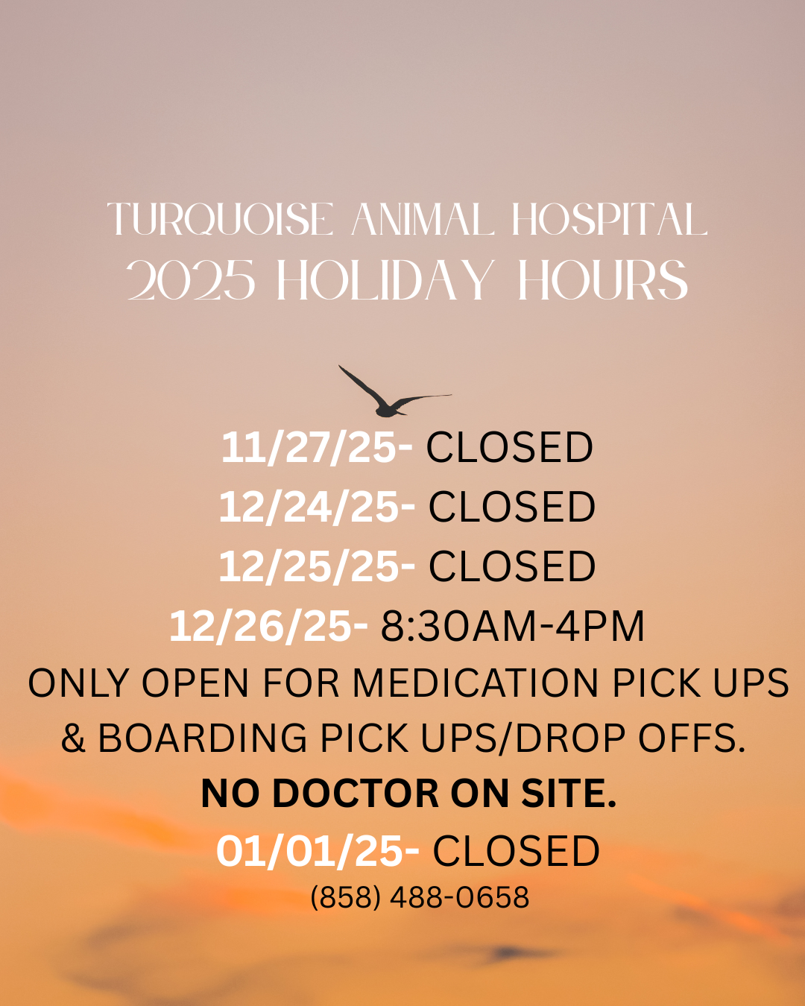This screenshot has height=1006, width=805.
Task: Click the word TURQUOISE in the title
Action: [221, 220]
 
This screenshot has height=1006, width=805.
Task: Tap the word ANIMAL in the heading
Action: [422, 220]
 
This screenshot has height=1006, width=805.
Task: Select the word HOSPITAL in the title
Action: [609, 220]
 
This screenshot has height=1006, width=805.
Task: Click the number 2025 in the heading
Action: [191, 281]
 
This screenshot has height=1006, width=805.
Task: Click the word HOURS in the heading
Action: [602, 281]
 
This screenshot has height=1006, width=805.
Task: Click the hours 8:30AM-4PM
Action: [513, 626]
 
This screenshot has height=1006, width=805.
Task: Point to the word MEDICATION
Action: [476, 683]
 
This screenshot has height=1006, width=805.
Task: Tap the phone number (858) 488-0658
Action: [420, 897]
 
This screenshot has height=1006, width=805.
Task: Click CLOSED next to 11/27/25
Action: [510, 448]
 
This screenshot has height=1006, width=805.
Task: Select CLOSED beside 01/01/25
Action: [517, 851]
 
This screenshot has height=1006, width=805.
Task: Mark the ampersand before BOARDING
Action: [73, 738]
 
